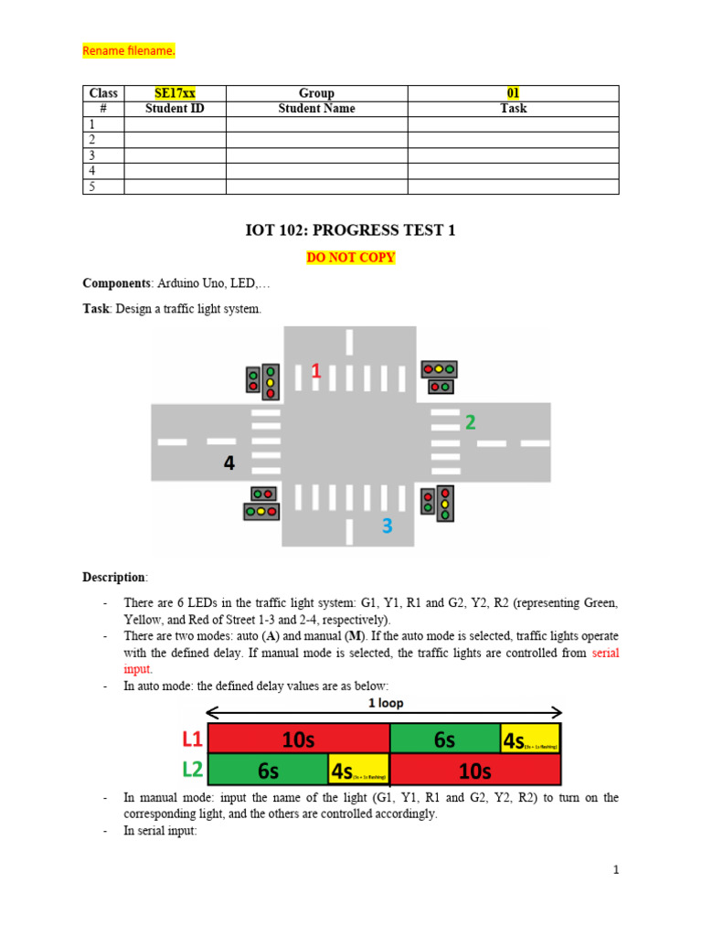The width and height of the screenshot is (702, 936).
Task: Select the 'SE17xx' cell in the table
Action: tap(175, 93)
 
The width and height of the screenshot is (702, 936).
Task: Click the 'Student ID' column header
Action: tap(175, 109)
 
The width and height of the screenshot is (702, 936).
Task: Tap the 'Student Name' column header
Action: tap(316, 109)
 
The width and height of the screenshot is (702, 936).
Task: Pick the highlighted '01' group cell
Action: tap(513, 93)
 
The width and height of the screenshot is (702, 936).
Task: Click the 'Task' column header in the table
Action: tap(513, 109)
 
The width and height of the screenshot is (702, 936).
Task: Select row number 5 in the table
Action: tap(91, 186)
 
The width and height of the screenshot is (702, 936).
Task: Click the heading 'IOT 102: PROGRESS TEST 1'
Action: tap(351, 231)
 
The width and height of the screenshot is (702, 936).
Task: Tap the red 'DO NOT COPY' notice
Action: tap(351, 258)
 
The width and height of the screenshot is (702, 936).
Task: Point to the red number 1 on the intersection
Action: tap(315, 371)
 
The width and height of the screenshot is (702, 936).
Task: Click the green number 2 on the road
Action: tap(470, 422)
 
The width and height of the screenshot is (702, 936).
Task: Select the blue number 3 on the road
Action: tap(388, 526)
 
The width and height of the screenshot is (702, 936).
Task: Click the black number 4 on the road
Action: tap(229, 464)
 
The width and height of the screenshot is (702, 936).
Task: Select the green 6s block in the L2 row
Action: tap(268, 770)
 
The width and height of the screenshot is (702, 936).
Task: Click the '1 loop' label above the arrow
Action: tap(385, 704)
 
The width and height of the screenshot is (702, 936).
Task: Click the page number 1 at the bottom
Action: tap(616, 870)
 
